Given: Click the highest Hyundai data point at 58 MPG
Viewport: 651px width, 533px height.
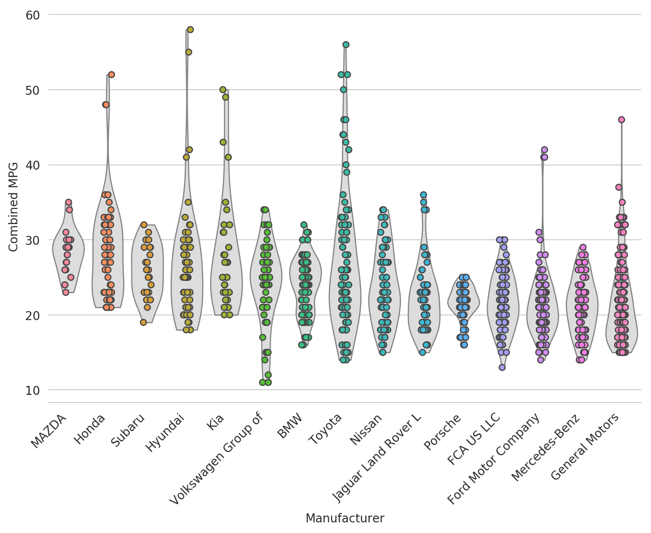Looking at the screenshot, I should (x=190, y=30).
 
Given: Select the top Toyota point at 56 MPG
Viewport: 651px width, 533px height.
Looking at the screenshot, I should (x=346, y=45).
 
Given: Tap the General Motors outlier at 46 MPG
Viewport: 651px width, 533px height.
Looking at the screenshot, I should (x=621, y=120).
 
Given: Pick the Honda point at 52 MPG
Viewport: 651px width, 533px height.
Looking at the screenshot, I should (x=111, y=75).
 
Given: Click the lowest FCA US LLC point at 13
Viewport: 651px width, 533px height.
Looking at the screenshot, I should (x=502, y=367).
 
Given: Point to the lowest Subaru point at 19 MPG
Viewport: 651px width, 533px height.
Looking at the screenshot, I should (x=144, y=322).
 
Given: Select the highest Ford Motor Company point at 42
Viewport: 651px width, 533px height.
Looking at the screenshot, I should (x=544, y=150).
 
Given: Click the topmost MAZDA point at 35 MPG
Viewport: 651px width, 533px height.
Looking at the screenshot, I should (x=68, y=202).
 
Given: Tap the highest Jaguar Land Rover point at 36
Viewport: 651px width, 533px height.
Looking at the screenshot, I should (x=423, y=195).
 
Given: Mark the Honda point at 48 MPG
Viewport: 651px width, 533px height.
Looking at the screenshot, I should (x=106, y=105).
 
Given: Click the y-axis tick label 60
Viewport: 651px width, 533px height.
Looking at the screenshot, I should (x=32, y=15).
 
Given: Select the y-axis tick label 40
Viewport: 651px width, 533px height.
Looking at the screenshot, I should (x=32, y=165).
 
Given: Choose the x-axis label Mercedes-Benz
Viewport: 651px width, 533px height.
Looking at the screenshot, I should (x=546, y=446).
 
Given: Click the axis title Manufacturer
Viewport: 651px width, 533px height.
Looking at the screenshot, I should (x=345, y=519).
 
